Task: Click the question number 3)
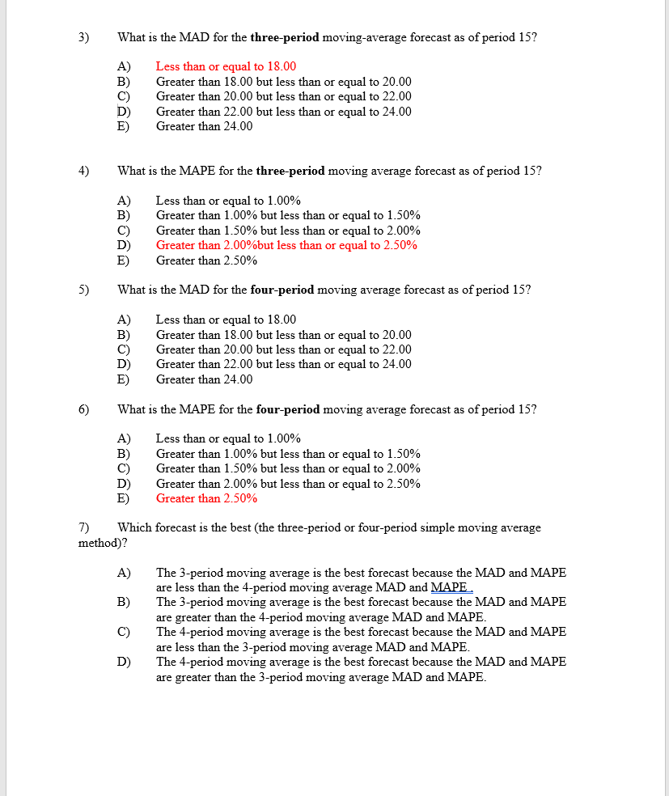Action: (83, 37)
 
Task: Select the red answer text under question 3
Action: (226, 66)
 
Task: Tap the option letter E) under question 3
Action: (124, 126)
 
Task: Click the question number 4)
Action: (83, 171)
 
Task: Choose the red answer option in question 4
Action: (286, 245)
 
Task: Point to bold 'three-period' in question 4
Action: (290, 171)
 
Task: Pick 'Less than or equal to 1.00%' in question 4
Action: (228, 201)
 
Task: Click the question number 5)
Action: (83, 290)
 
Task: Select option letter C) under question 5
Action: (124, 349)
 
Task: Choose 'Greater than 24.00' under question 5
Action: (204, 379)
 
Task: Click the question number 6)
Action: (83, 409)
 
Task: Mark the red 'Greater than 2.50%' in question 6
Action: (206, 498)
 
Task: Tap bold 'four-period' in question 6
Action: (287, 409)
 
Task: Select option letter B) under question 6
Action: (124, 454)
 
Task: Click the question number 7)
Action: (83, 527)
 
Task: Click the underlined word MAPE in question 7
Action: (451, 587)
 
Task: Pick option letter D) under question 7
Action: (124, 662)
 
